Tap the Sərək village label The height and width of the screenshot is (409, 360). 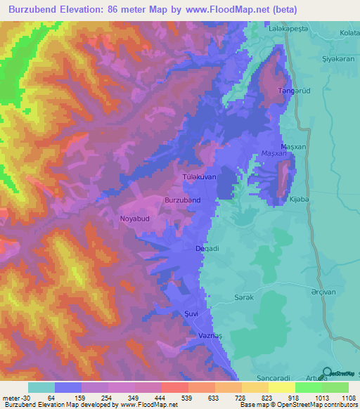point(243,297)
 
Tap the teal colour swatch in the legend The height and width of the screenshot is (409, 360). point(41,387)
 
